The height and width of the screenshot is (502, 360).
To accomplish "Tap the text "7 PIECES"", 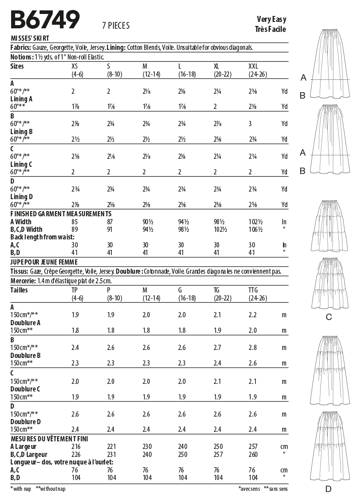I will click(x=116, y=26).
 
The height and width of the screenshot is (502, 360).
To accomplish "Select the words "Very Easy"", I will click(x=271, y=20).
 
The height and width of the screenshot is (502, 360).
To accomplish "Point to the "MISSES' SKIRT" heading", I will click(x=30, y=38).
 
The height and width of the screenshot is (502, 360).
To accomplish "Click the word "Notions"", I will click(x=20, y=57).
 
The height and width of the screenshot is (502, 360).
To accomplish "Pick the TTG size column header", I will click(x=253, y=290).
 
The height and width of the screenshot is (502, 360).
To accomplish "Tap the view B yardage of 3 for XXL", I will click(x=250, y=124).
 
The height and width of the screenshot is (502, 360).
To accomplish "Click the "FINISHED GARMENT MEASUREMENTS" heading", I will click(x=61, y=214).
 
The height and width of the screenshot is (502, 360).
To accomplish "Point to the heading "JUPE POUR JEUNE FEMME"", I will click(x=44, y=262).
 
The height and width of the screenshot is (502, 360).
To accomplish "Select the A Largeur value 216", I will click(x=75, y=447).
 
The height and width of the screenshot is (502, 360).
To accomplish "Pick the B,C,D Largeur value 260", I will click(x=252, y=455).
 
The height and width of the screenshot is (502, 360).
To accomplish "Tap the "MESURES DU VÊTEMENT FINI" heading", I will click(x=49, y=439).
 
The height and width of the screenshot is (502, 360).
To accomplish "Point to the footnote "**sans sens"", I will click(x=276, y=489).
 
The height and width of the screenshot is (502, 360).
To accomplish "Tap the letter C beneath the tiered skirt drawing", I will click(x=328, y=317).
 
